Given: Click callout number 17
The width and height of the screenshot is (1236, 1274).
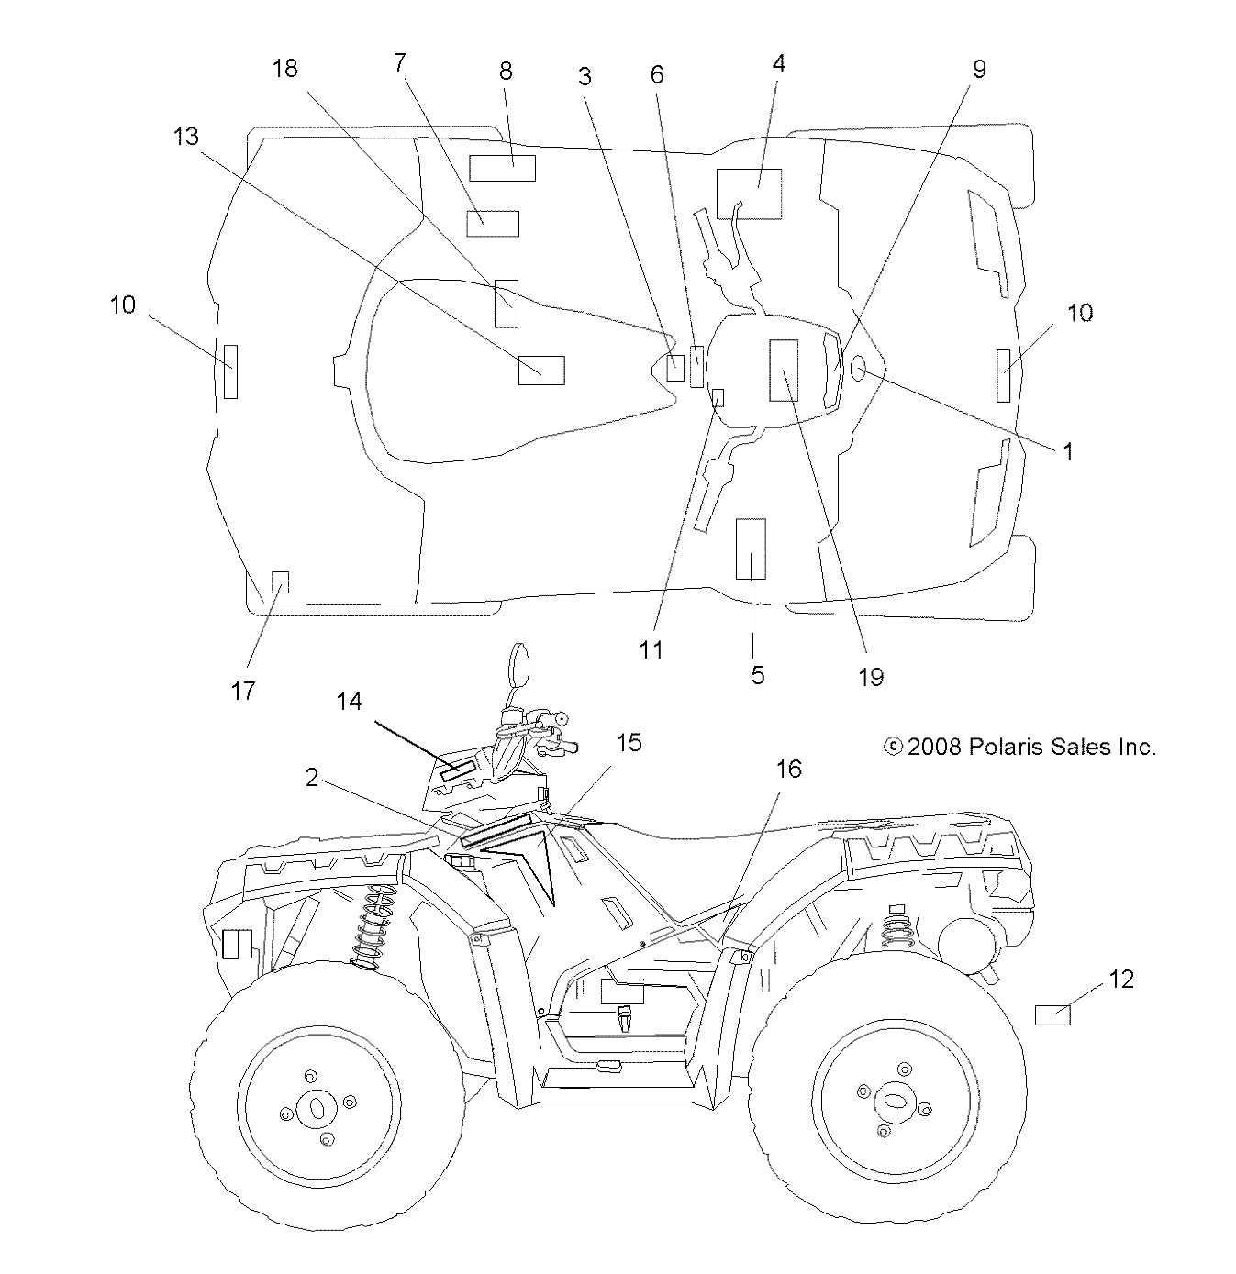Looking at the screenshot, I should click(x=243, y=691).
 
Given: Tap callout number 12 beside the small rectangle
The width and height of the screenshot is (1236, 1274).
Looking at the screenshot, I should click(x=1120, y=980).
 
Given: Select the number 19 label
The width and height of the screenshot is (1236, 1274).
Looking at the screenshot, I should click(x=870, y=677).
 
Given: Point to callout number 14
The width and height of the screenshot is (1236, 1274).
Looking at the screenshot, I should click(x=349, y=702).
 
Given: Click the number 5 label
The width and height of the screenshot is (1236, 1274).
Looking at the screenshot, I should click(x=757, y=675).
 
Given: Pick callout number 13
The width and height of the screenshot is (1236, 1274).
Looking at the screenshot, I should click(x=185, y=136).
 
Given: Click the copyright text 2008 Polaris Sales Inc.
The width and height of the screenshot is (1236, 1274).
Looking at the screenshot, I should click(x=1019, y=747).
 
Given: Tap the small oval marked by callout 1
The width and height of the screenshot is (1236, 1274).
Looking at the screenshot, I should click(x=860, y=369).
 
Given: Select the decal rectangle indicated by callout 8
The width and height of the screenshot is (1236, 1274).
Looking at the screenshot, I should click(x=502, y=168).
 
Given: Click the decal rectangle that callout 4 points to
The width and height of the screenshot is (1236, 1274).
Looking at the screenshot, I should click(x=750, y=194).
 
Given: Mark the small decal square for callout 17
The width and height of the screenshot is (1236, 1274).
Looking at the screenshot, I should click(x=281, y=582).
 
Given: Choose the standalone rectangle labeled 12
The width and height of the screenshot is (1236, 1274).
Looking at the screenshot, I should click(x=1052, y=1014).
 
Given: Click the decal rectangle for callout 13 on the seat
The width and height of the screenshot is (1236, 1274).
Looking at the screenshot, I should click(x=541, y=370).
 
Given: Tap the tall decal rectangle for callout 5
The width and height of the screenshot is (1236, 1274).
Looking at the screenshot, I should click(x=751, y=548).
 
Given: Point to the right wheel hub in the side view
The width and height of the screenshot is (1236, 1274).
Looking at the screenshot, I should click(x=894, y=1098).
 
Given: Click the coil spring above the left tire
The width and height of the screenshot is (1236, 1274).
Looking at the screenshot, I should click(x=373, y=927).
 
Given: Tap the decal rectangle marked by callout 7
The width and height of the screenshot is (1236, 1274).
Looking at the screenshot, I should click(x=493, y=223).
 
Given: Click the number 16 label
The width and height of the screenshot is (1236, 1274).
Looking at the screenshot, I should click(x=788, y=769).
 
